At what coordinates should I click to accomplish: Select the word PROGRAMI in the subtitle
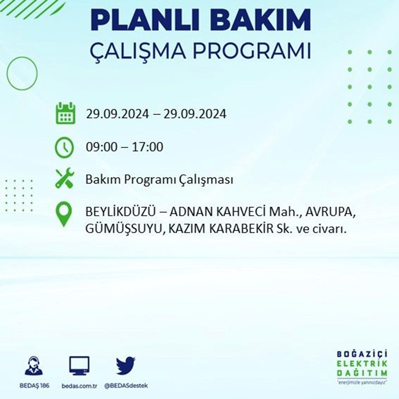coord(252,51)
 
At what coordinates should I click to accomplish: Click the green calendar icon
coord(66,113)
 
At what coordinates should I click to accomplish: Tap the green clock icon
coord(64,147)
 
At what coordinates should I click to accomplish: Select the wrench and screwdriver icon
coord(65,178)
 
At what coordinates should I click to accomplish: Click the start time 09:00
coord(101,147)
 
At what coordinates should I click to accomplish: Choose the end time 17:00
coord(148,147)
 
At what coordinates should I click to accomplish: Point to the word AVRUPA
coord(330,212)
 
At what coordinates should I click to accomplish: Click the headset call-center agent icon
coord(34,366)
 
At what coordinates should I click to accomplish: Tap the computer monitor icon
coord(79,366)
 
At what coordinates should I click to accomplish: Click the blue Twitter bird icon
coord(126,365)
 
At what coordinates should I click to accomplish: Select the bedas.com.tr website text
coord(79,386)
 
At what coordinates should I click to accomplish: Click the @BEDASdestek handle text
coord(126,386)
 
